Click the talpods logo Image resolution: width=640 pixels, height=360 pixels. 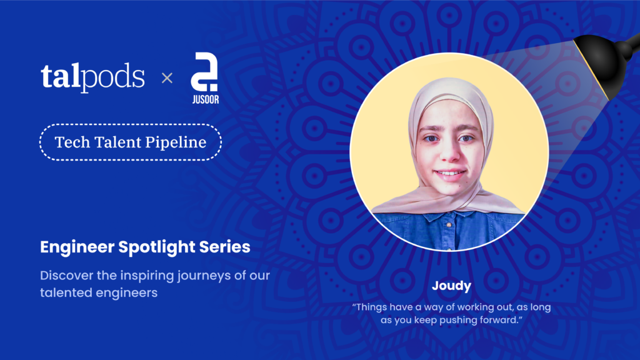coord(92,77)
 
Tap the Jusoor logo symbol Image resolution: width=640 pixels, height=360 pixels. coord(204,72)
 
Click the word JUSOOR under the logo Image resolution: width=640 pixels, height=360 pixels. coord(205,99)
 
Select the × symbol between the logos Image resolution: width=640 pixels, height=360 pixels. coord(167,78)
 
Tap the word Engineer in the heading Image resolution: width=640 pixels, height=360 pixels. coord(77,247)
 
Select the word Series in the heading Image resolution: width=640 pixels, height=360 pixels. coord(224,247)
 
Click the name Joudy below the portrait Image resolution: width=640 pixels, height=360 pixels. coord(451,286)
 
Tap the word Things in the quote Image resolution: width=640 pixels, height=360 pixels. coord(371,307)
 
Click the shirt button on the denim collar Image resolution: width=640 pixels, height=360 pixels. coord(449,224)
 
